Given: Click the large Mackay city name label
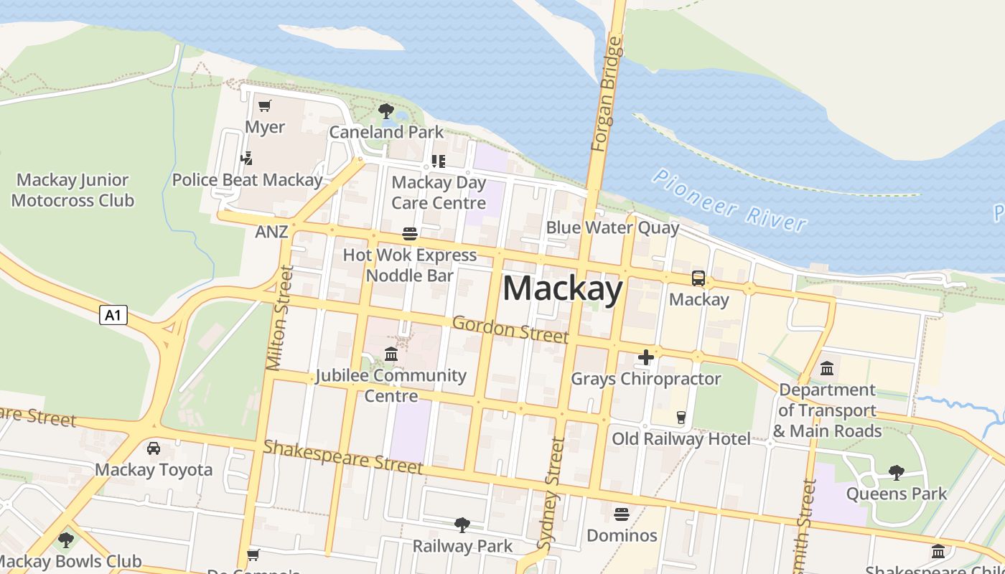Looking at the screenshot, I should coord(562,289).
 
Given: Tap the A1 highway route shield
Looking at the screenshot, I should coord(113,314).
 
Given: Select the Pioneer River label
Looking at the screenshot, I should coord(729,200).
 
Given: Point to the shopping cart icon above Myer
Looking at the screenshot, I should coord(265,106).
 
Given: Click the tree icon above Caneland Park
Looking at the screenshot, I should coord(385,111).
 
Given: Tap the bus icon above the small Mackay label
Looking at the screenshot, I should coord(698,278).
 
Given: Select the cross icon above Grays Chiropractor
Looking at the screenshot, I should coord(645,357).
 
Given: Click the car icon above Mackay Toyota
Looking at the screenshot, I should coord(154,448).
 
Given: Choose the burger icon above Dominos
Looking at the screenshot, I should coord(622,514).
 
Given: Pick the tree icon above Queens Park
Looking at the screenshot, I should coord(896,472).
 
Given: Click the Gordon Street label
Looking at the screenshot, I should coord(510,329).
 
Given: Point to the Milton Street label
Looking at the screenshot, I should coord(279,318).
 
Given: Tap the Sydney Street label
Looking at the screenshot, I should coord(551,494).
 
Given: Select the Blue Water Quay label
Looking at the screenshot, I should coord(612,228).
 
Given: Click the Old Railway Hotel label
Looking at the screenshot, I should coord(681,438).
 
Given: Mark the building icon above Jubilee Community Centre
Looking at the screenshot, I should coord(391,354).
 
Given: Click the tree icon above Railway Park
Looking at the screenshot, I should coord(462,525).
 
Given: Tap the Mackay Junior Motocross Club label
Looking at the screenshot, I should coord(73,190).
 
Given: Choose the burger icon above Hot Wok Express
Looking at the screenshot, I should coord(410,234).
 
